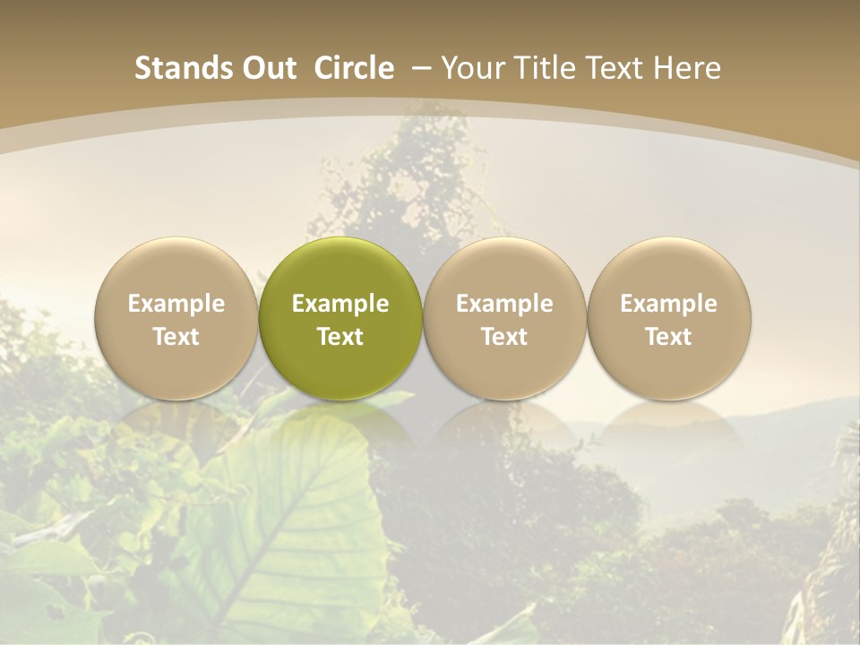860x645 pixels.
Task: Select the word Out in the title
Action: coord(266,68)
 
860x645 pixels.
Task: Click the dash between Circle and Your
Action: coord(417,68)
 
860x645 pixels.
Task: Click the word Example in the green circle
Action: coord(340,304)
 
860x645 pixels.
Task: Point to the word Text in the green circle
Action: coord(340,337)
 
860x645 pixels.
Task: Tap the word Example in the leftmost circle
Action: coord(176,304)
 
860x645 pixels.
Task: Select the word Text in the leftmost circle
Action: coord(176,337)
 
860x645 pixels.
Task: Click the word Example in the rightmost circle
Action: coord(668,304)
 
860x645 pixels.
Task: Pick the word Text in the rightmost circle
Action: coord(668,337)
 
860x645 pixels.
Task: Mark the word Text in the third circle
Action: coord(504,337)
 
